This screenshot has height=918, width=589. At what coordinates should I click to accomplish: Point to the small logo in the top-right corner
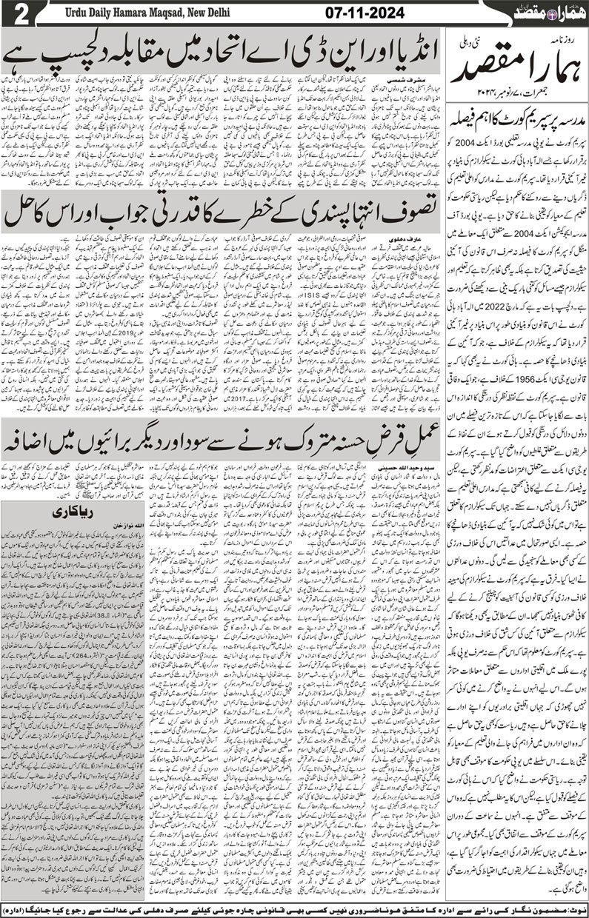[555, 13]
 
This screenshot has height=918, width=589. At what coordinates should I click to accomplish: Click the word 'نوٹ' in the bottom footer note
[576, 908]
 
